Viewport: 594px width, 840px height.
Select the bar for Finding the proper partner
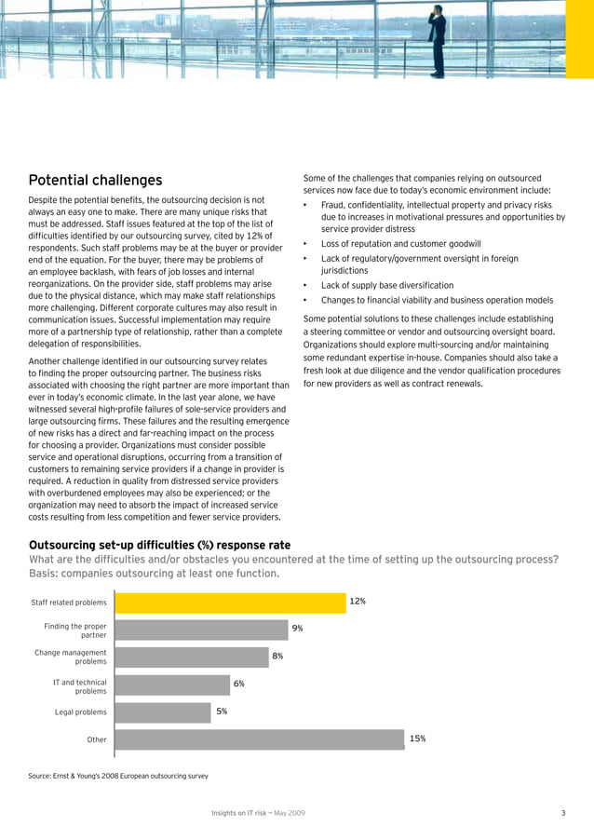200,630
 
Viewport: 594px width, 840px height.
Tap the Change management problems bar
190,657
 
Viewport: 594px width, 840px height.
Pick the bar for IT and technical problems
171,684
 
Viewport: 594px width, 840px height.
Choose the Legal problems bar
162,711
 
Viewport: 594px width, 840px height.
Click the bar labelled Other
259,739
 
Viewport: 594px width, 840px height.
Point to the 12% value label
358,602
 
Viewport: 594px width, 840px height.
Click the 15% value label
418,738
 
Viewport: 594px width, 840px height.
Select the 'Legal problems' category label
81,712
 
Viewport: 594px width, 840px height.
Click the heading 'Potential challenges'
95,180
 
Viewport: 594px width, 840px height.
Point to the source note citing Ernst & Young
118,775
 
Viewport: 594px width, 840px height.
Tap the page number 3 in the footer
563,814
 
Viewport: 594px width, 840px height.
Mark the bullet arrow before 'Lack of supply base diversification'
305,285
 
